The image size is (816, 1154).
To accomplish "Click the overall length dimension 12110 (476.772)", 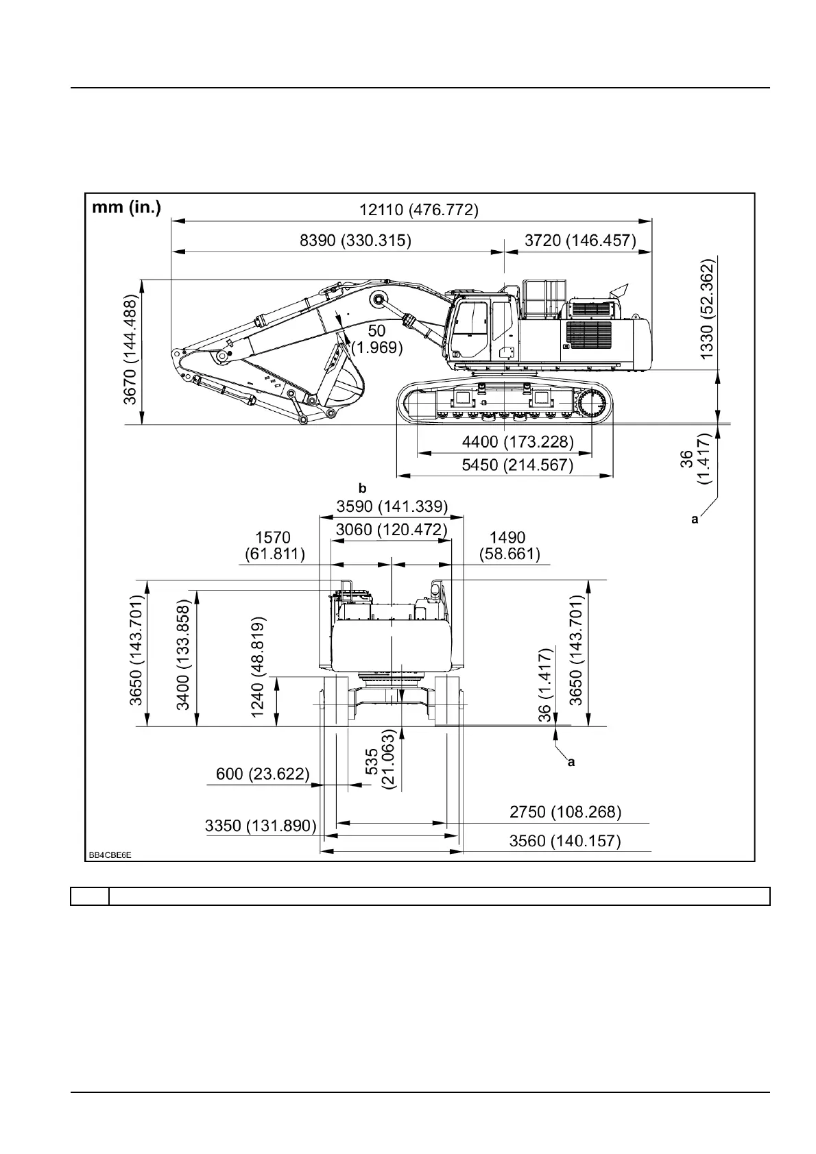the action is (419, 210).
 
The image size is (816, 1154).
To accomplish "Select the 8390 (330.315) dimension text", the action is (355, 241).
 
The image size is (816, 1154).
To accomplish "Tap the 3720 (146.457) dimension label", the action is (580, 241).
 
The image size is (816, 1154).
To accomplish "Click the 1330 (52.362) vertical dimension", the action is (707, 308).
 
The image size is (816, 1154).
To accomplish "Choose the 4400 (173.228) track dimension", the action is (518, 441).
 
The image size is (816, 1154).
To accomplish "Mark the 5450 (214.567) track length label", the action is (517, 465).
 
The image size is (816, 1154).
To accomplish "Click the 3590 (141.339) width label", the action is (392, 506).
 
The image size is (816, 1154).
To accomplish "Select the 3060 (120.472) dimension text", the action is (392, 530).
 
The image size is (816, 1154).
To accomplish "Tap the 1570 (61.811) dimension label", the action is (274, 545).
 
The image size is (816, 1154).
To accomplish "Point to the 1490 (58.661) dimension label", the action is (507, 545).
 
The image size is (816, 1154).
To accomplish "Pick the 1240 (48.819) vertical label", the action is (258, 667).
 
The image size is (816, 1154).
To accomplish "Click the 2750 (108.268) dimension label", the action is (565, 812).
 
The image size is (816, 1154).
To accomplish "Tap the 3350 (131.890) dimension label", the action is (261, 826).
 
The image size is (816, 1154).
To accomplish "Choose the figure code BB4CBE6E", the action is (109, 855).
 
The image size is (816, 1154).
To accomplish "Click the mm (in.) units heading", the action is (127, 208).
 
